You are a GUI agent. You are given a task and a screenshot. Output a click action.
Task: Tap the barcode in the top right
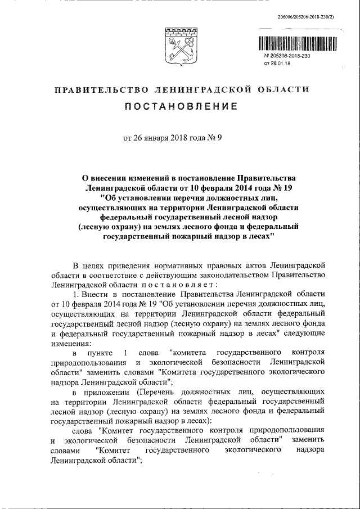tap(298, 44)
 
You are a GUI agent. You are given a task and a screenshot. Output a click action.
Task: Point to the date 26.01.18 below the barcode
tap(280, 64)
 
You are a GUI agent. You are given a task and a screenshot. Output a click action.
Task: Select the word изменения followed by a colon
tap(66, 343)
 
